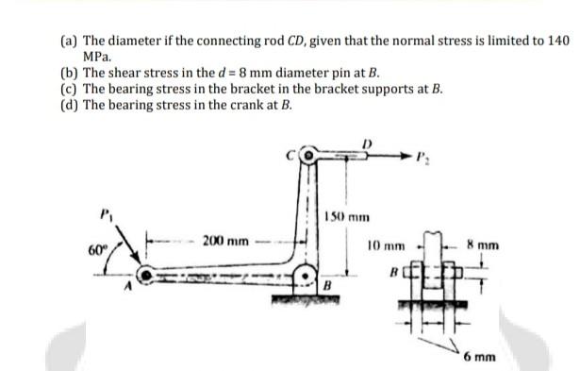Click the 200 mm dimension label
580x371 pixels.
pyautogui.click(x=224, y=242)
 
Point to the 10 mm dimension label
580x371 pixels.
pyautogui.click(x=387, y=245)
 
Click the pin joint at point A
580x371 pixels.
pyautogui.click(x=147, y=276)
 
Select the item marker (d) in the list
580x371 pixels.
pyautogui.click(x=71, y=104)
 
